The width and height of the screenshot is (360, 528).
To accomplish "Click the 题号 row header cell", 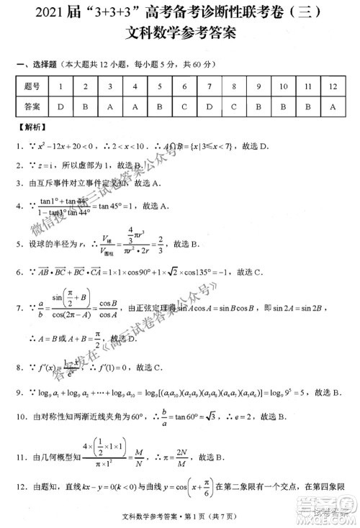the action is [x=32, y=87].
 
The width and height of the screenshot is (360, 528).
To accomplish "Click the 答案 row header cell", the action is [x=32, y=107].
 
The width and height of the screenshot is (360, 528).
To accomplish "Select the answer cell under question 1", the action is [x=60, y=107].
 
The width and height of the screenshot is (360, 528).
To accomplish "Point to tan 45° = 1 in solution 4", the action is [x=137, y=206].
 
